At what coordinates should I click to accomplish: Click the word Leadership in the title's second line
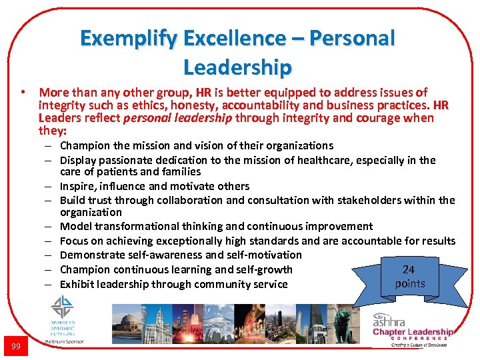(237, 67)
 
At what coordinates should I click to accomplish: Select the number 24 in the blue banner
(409, 269)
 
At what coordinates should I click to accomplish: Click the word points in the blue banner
(409, 283)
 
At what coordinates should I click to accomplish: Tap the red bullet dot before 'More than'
(23, 92)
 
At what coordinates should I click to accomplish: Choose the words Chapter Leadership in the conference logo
(413, 332)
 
